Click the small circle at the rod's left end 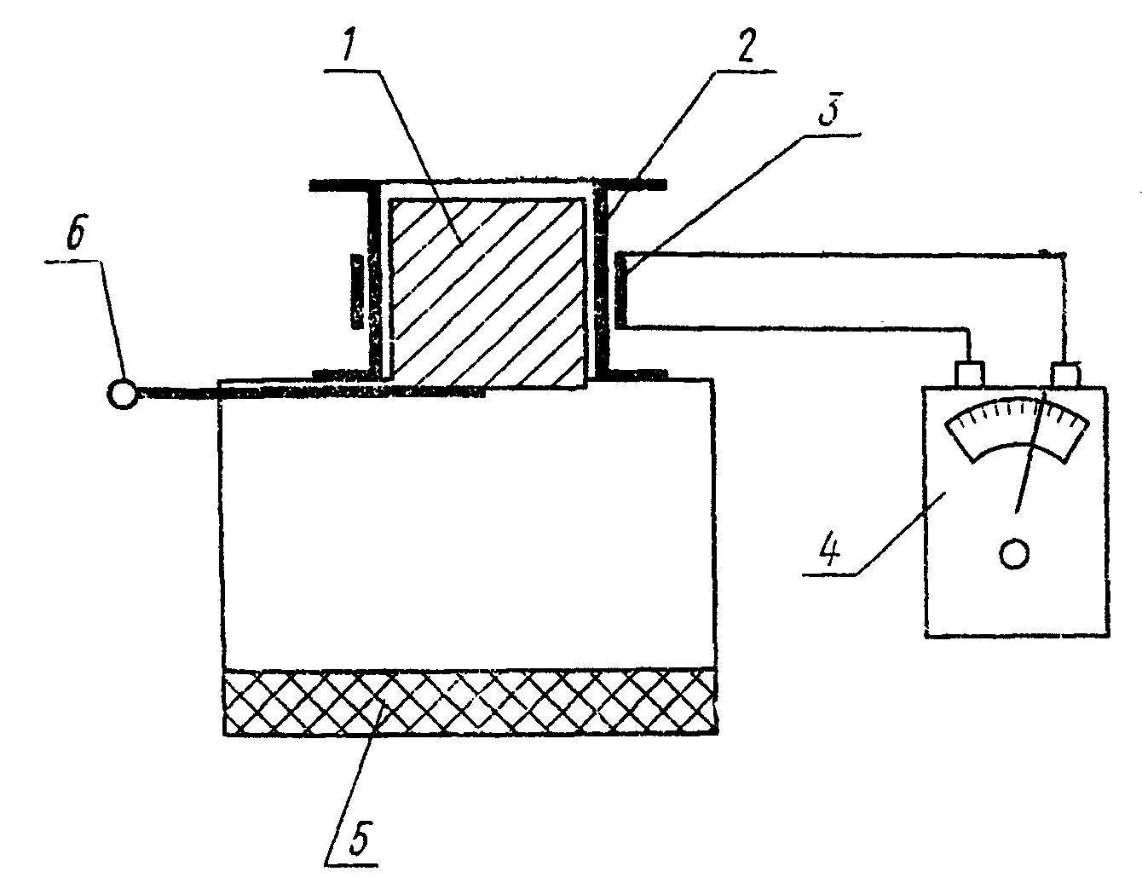(123, 393)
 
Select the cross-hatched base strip (469, 701)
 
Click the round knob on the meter (1013, 554)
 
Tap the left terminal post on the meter (970, 373)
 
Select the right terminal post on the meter (1065, 373)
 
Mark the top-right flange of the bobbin (631, 182)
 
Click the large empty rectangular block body (467, 528)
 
